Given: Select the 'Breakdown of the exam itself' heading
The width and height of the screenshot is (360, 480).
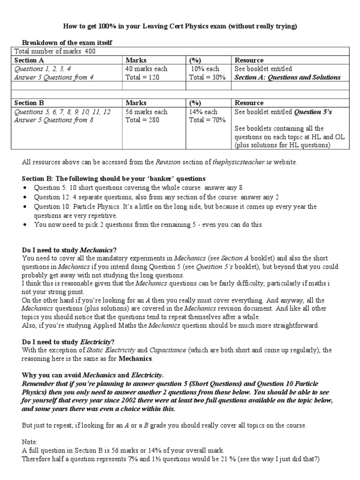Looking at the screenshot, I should click(x=67, y=43).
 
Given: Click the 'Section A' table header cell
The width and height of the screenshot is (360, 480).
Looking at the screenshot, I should click(x=29, y=60).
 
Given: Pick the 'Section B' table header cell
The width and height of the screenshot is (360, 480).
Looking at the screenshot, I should click(x=29, y=103).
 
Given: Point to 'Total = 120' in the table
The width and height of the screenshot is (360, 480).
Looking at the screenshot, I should click(x=142, y=77).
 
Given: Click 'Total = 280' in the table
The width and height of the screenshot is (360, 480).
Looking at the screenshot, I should click(x=142, y=120).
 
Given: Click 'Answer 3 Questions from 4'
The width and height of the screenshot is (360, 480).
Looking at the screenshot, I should click(x=54, y=77).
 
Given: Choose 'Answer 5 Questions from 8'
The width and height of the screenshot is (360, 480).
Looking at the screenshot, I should click(x=54, y=120).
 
